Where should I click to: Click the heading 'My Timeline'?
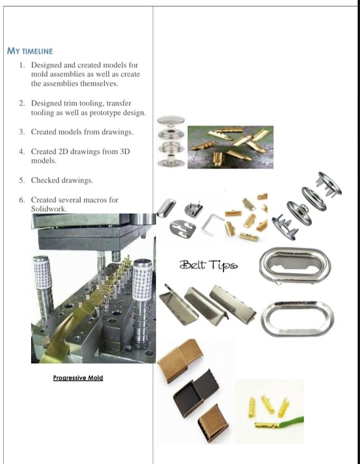point(30,51)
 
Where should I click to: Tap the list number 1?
point(21,65)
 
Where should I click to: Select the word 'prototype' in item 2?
point(109,113)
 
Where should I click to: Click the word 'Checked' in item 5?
point(45,180)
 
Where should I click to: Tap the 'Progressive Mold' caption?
point(78,378)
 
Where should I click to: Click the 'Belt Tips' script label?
point(208,264)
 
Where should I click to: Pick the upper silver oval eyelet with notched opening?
point(295,264)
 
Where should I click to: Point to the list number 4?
point(21,151)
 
